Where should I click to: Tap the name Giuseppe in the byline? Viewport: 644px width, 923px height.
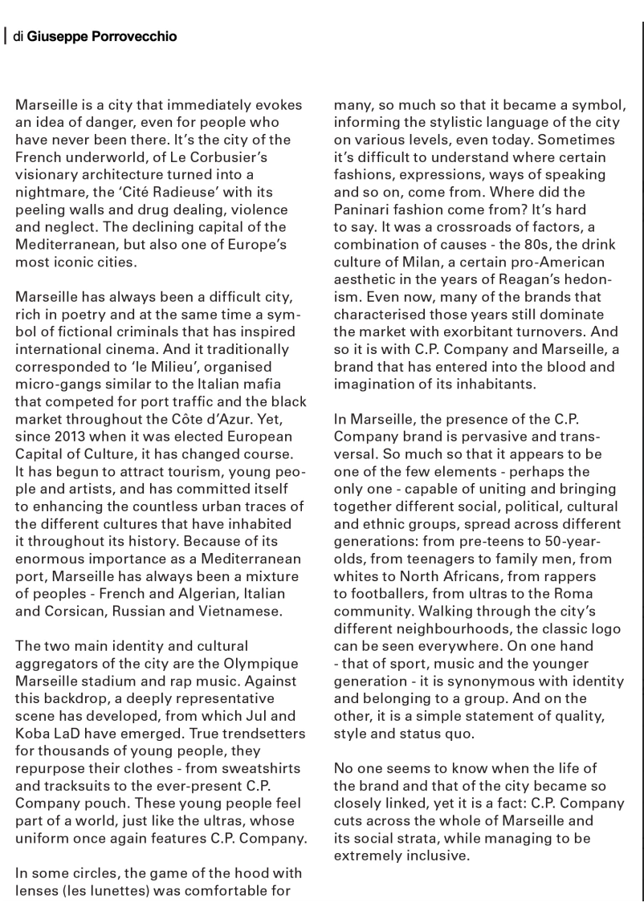(x=57, y=37)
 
